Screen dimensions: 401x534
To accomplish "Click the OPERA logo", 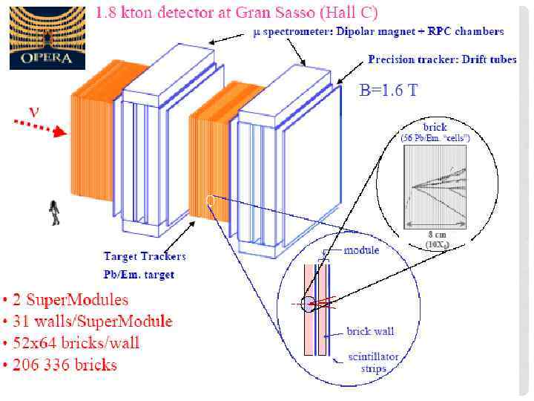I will [46, 37].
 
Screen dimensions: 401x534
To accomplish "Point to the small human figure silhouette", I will [54, 212].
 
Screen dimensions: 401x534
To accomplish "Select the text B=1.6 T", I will [388, 91].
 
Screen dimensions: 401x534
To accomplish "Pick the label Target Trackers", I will [144, 257].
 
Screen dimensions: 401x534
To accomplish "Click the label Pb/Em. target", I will [139, 274].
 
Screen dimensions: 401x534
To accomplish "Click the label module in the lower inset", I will [361, 250].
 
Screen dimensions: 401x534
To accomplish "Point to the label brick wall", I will [370, 331].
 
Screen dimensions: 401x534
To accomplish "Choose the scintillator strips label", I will [374, 362].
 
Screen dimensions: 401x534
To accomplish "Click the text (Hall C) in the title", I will [352, 12].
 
